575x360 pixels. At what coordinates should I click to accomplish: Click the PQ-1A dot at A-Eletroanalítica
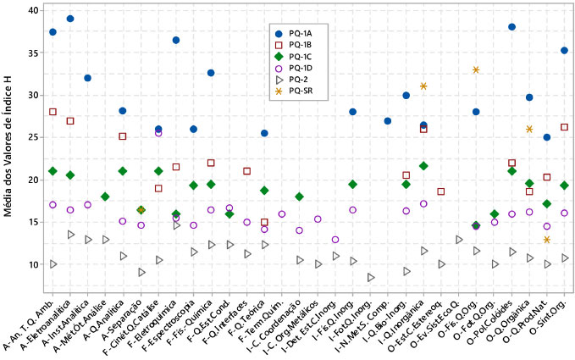coord(70,19)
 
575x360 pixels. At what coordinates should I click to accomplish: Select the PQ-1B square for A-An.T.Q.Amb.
coord(53,112)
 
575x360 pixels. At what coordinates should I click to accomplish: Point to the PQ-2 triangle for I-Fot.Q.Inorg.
coord(371,277)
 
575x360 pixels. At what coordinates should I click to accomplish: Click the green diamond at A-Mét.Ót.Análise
coord(105,197)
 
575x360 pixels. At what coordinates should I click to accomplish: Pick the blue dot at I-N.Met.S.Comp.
coord(388,121)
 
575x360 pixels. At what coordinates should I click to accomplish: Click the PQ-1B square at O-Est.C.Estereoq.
coord(441,191)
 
